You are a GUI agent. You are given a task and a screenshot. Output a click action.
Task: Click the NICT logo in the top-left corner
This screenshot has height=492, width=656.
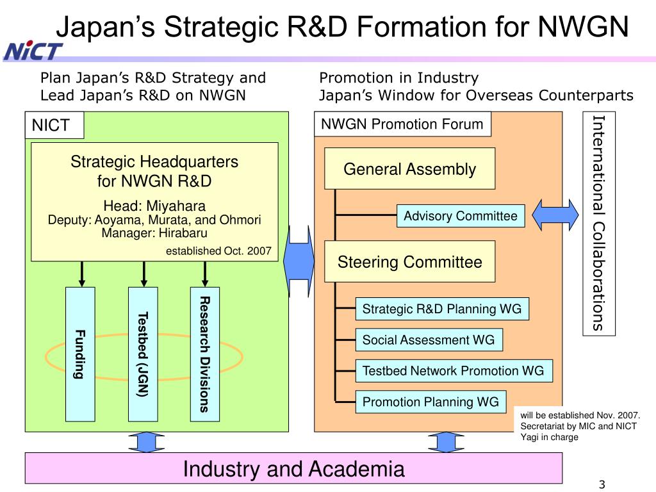tap(33, 50)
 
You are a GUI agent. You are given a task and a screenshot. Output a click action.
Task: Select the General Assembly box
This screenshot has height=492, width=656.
tap(409, 168)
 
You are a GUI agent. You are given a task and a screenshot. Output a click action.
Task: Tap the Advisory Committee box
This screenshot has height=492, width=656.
tap(461, 216)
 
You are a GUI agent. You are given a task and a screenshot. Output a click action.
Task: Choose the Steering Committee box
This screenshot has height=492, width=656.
tap(409, 261)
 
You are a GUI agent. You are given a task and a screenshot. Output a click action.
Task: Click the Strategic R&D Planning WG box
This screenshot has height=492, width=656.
tap(441, 309)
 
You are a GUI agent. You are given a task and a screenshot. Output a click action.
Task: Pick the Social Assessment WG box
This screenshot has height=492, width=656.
tap(429, 340)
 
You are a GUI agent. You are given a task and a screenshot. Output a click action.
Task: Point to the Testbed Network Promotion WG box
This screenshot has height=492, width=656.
tap(453, 370)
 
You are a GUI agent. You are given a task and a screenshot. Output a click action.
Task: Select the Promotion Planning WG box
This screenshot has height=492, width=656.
tap(430, 402)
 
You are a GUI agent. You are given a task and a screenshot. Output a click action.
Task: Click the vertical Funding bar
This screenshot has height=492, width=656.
tap(80, 354)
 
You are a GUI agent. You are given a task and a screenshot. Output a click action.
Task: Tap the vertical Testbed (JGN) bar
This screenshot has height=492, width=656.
tap(143, 354)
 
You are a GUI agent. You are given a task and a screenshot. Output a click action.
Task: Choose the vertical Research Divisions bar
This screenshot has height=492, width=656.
tap(205, 354)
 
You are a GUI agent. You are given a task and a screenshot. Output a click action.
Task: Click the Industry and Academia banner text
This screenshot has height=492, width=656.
tap(293, 469)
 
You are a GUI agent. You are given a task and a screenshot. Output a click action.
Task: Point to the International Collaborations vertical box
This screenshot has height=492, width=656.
tap(598, 224)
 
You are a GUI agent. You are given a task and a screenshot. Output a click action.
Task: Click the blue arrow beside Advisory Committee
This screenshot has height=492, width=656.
tap(556, 215)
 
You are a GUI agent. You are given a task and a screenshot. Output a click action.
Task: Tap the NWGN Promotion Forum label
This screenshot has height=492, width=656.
tap(402, 124)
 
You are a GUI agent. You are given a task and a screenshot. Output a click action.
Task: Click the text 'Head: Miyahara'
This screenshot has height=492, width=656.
tap(154, 206)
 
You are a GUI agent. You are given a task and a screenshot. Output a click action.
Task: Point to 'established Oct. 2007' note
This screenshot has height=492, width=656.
tap(218, 250)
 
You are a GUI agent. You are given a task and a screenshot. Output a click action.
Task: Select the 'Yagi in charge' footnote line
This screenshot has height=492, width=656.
tap(549, 437)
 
